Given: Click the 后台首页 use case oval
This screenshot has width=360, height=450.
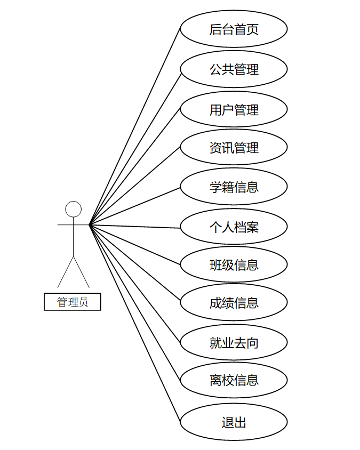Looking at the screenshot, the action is [x=234, y=29].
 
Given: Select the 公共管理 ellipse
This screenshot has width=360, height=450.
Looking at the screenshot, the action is [x=234, y=69].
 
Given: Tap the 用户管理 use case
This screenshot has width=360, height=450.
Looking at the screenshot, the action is [x=234, y=109].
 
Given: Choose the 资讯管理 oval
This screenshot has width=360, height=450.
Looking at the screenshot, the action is [x=234, y=147].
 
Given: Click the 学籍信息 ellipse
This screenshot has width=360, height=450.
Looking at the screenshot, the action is [x=234, y=187].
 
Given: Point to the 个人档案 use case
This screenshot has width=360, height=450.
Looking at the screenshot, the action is [x=234, y=227].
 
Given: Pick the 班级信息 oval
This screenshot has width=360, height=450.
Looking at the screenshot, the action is [x=234, y=264].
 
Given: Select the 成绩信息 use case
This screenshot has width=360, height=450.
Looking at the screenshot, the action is [x=234, y=302].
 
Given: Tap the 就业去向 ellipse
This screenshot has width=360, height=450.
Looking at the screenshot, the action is [x=234, y=342].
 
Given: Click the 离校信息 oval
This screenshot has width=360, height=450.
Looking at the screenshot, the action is [x=234, y=380].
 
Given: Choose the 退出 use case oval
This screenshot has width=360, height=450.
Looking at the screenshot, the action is [x=234, y=422].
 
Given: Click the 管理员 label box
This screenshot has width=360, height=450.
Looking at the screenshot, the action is [x=73, y=302].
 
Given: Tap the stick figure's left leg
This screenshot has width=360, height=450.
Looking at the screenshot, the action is [x=66, y=272].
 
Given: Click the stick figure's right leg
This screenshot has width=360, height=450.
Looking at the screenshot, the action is [x=81, y=272].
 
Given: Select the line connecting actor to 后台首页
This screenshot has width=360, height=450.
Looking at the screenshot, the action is [x=135, y=126].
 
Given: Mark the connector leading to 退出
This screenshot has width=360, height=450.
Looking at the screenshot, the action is [x=135, y=324].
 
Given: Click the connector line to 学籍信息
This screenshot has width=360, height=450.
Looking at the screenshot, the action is [x=135, y=206].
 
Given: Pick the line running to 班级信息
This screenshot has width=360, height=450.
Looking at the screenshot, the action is [x=135, y=245].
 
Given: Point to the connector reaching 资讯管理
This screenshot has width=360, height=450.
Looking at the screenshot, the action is [x=135, y=186].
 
